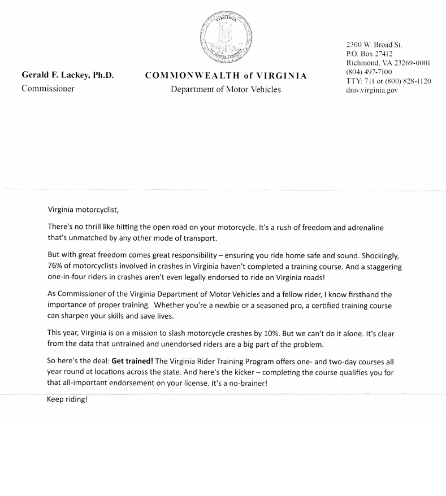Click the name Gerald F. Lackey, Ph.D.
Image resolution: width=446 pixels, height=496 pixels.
click(67, 75)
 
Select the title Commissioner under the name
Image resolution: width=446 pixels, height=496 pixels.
click(48, 88)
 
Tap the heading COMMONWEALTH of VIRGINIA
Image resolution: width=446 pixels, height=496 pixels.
click(226, 76)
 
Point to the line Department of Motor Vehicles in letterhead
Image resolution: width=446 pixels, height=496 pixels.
click(226, 89)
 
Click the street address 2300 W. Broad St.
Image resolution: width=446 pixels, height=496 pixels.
click(374, 45)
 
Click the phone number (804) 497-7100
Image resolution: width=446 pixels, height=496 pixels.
click(369, 72)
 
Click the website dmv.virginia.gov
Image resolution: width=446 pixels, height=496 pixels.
click(372, 90)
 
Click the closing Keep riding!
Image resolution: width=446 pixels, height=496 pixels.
click(67, 399)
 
